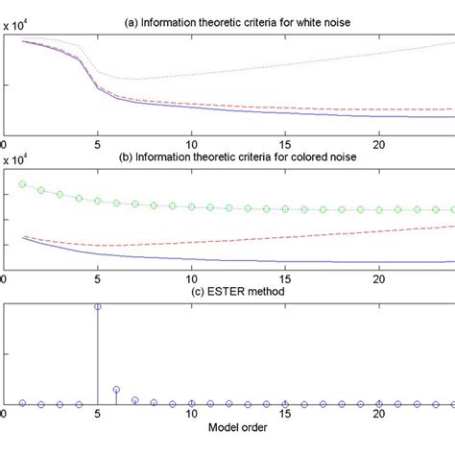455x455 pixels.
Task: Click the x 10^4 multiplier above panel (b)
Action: (x=20, y=160)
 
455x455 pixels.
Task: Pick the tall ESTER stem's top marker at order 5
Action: (x=98, y=306)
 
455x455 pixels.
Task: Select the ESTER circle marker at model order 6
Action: (x=116, y=390)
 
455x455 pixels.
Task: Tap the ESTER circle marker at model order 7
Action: (x=135, y=399)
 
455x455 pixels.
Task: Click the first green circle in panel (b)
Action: (x=23, y=183)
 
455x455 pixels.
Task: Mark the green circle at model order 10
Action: (x=192, y=206)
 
